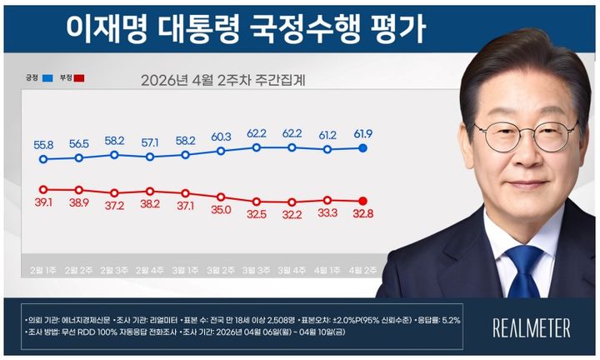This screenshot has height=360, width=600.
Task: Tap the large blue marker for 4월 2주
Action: point(363,148)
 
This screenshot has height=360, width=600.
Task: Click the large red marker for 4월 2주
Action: point(363,200)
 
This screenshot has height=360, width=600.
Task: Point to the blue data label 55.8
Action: point(44,144)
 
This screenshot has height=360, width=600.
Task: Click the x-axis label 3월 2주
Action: point(221,270)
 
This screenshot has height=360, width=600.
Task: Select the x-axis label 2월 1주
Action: point(44,270)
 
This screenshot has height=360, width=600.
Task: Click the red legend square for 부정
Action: point(79,78)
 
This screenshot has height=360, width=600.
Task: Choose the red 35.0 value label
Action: point(221,211)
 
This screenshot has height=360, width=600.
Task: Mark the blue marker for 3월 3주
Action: point(256,147)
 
